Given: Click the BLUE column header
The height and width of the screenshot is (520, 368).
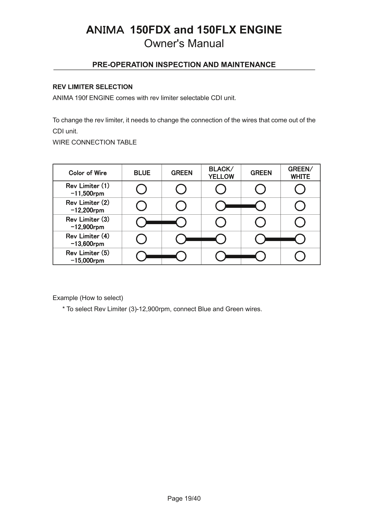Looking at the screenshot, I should point(142,173).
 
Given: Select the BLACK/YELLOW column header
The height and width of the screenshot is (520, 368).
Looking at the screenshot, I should point(221,173).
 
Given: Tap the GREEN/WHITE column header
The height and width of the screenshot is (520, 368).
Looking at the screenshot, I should point(300,173).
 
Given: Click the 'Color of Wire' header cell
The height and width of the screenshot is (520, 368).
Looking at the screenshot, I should point(88,173).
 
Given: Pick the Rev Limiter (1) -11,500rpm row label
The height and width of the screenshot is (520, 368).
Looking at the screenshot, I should point(88,189).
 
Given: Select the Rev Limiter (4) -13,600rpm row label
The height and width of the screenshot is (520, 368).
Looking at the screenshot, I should point(88,240).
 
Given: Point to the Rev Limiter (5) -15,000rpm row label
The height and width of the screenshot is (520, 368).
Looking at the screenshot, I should point(88,256).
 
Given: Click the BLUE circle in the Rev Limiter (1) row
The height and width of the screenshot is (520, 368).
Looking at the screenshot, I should point(142,189).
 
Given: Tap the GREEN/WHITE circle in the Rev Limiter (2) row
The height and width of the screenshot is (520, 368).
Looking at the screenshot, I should point(300,206).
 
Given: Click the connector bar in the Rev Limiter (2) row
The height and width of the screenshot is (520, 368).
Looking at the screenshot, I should point(241,206).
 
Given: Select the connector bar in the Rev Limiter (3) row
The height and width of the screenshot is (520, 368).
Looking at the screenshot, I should point(161,222).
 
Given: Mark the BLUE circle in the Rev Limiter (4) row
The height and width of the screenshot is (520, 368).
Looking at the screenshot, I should point(142,239).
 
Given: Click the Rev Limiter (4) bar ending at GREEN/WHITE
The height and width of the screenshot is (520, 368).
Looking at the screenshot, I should point(280,239).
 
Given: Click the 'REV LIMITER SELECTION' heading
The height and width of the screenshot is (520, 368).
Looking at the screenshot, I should point(93,87).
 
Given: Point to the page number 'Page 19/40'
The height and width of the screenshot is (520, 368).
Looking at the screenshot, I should point(184,498).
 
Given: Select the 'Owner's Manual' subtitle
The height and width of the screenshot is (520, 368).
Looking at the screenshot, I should point(184,44).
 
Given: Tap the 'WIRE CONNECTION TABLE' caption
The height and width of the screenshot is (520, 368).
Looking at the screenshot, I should point(94,142).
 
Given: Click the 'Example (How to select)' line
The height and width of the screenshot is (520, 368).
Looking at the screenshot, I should point(88,298).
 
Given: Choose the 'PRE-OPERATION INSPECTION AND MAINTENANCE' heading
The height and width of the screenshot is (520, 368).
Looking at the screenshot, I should point(184,65).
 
